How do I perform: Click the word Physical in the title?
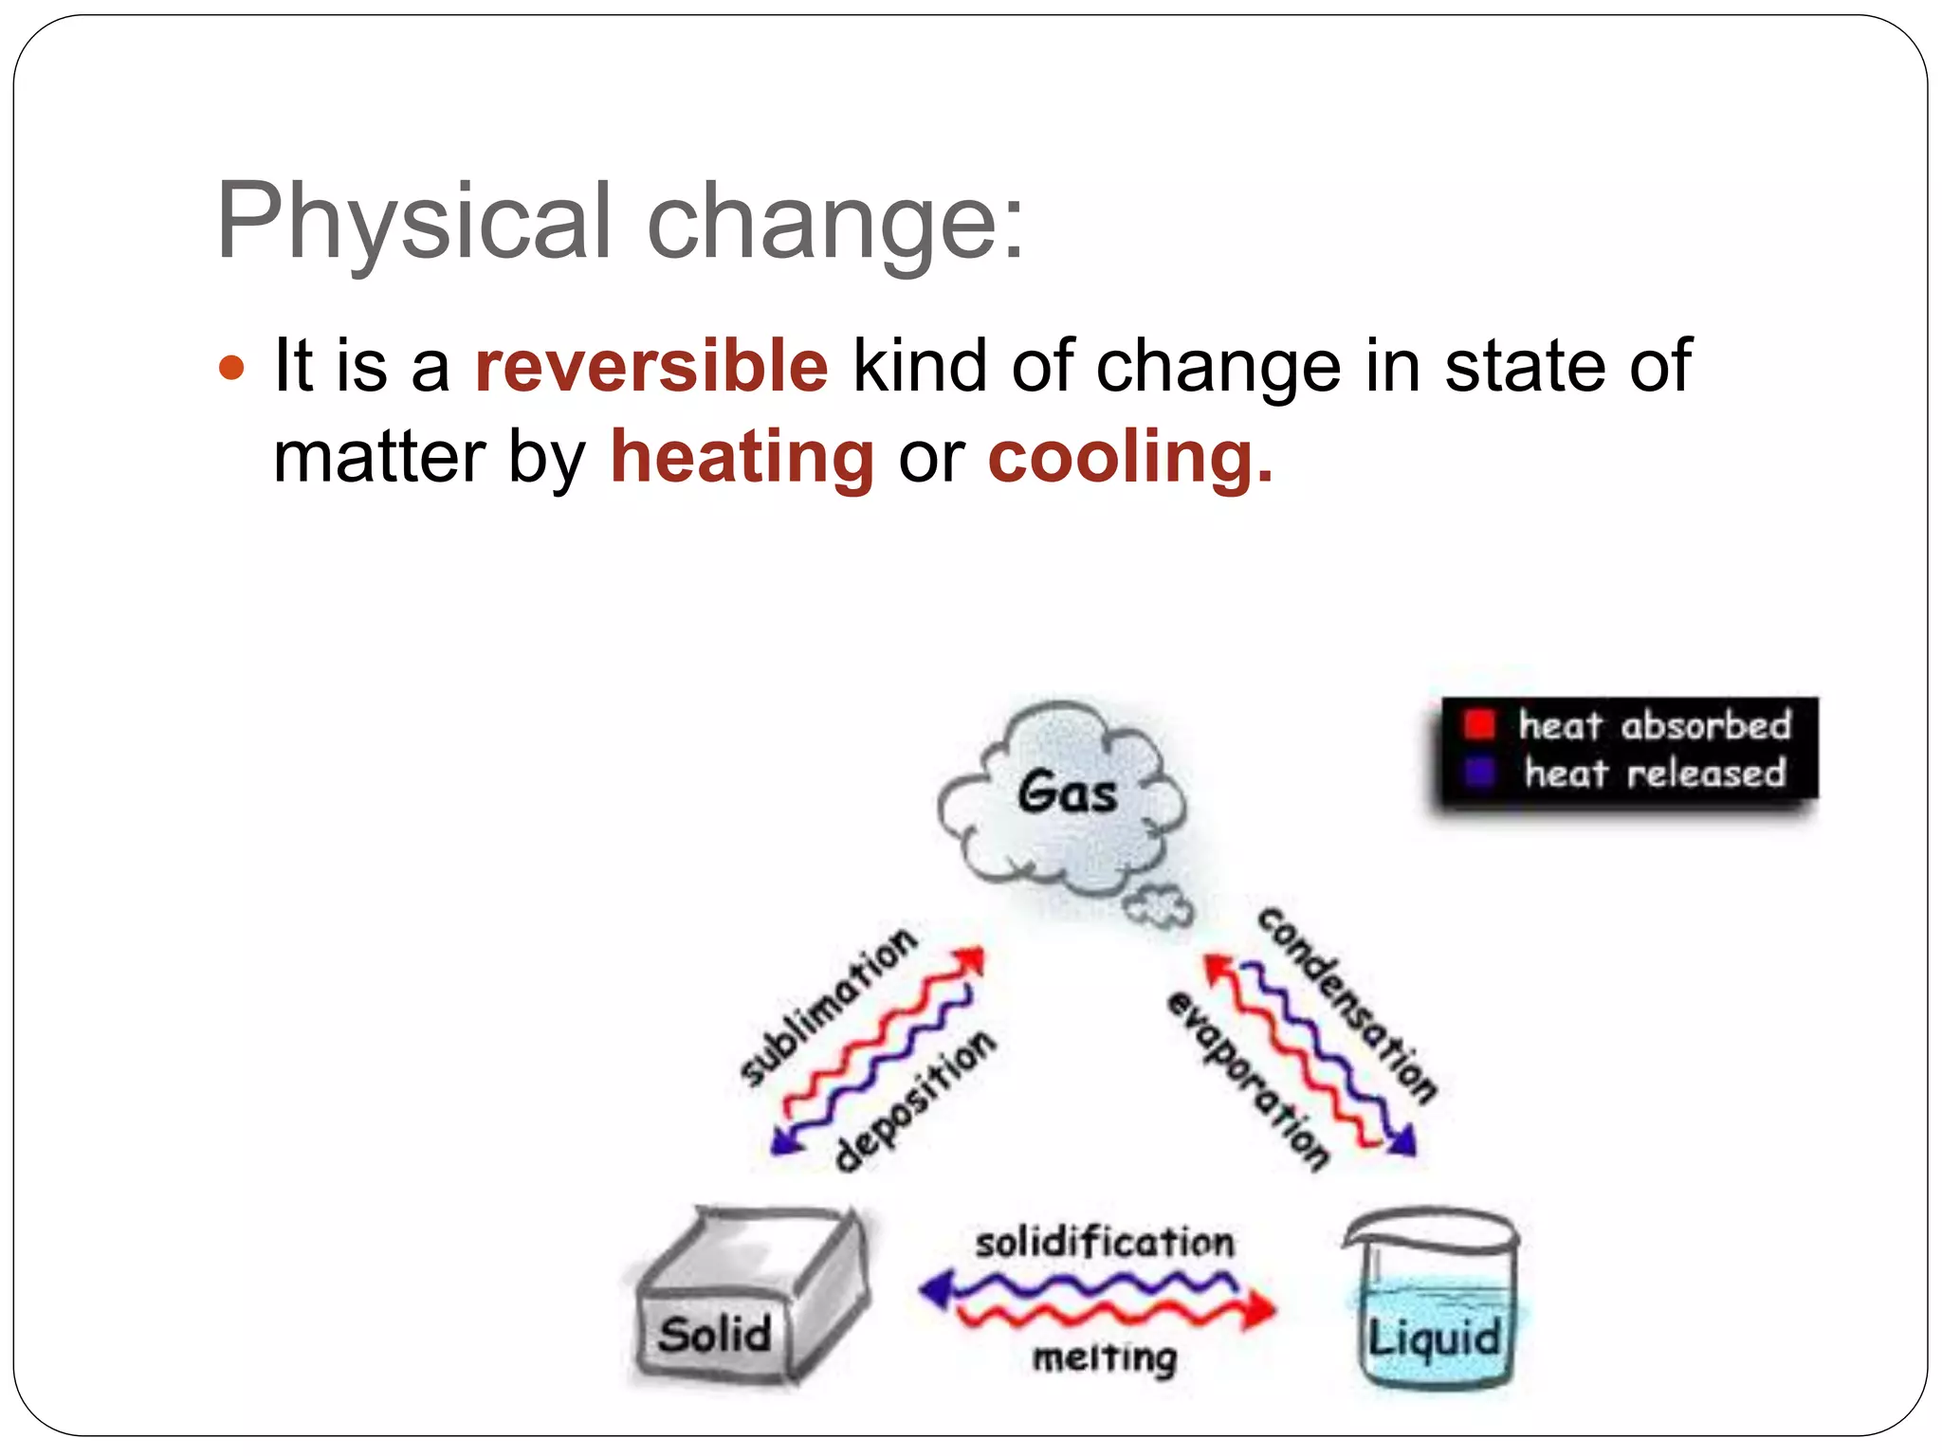pos(413,221)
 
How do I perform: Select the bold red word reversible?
pos(651,366)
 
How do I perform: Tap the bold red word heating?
pos(742,457)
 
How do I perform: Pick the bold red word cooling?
pos(1128,457)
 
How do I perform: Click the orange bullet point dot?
pos(231,367)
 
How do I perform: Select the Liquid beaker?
pos(1433,1303)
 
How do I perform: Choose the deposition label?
pos(915,1100)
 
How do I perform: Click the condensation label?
pos(1347,1005)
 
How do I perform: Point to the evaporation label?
pos(1248,1081)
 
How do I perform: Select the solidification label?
pos(1105,1242)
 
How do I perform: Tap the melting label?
pos(1105,1357)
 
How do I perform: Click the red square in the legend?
pos(1479,725)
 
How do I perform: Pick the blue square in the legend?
pos(1479,773)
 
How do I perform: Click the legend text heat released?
pos(1655,773)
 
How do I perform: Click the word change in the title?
pos(834,221)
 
